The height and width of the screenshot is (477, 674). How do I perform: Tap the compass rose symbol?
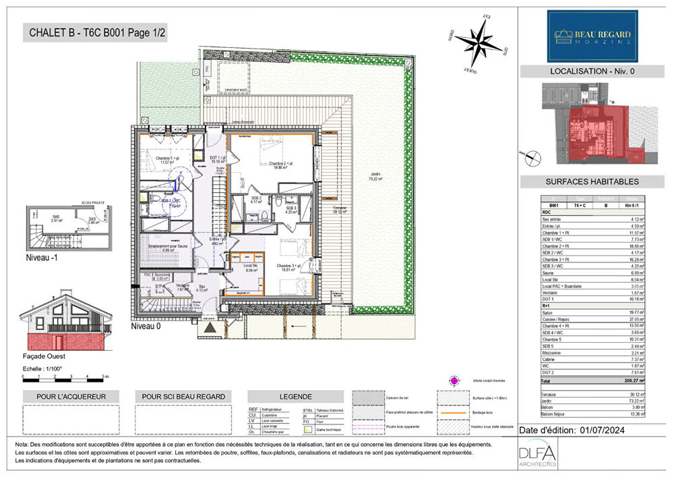tap(478, 42)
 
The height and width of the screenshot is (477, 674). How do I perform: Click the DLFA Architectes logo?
tap(537, 457)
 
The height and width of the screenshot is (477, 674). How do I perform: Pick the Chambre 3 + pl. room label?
tap(291, 266)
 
